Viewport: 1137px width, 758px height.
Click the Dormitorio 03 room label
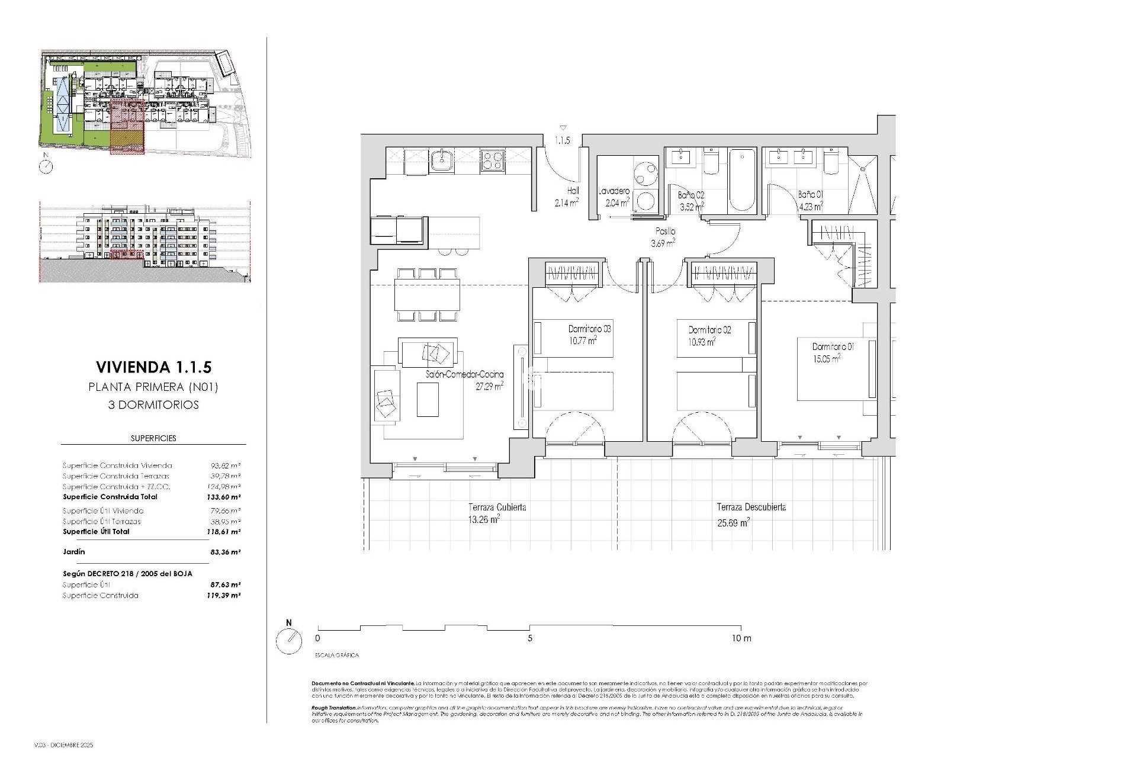589,329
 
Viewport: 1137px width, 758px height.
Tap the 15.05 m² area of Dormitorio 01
827,358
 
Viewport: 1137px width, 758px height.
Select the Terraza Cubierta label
497,508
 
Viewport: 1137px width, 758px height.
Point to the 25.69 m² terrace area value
733,522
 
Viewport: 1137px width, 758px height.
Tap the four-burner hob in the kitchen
492,160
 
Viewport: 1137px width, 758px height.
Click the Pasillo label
664,232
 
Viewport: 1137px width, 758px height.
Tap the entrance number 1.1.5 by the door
562,141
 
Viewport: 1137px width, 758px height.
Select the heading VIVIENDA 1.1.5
153,367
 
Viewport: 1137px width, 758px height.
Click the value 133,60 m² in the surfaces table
225,497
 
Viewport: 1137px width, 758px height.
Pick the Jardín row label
74,551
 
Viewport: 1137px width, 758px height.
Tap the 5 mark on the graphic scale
530,638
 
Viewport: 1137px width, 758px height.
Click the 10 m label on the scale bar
741,638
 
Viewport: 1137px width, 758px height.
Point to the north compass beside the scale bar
289,641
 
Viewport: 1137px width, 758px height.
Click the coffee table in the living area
428,400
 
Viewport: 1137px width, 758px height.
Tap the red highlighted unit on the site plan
127,127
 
